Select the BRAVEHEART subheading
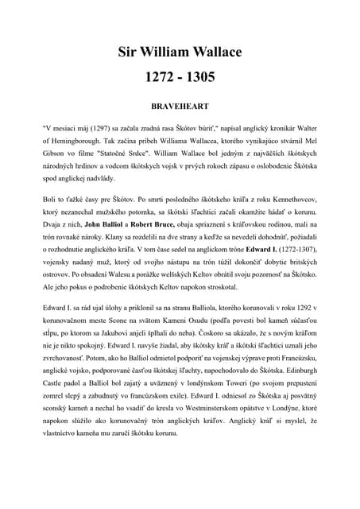click(x=180, y=105)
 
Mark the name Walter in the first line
click(x=304, y=126)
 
